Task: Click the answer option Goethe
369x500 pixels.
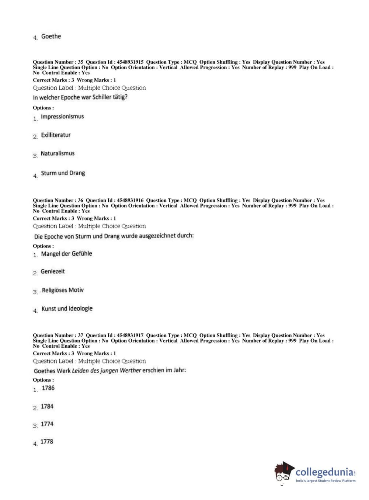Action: click(x=51, y=37)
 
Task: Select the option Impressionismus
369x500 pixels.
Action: click(x=62, y=117)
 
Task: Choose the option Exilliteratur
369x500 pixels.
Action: click(x=56, y=135)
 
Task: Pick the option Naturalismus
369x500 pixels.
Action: click(x=58, y=153)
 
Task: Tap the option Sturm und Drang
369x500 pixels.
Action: click(x=63, y=173)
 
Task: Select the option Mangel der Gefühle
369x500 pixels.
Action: click(x=66, y=254)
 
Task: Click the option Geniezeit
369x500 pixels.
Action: click(x=53, y=271)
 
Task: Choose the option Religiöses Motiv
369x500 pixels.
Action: click(x=63, y=290)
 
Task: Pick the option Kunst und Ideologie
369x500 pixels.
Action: click(x=67, y=309)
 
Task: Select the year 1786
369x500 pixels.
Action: click(x=48, y=388)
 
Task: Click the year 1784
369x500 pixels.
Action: click(x=47, y=406)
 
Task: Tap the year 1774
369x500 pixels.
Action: click(x=47, y=424)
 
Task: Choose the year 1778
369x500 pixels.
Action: click(x=46, y=442)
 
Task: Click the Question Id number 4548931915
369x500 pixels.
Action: click(x=130, y=62)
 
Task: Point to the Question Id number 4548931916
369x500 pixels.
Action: click(x=130, y=201)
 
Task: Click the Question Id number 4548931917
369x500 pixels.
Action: click(x=130, y=336)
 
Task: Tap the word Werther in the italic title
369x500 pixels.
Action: click(x=130, y=370)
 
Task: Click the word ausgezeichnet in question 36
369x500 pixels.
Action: click(x=157, y=236)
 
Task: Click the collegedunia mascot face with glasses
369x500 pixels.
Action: click(x=283, y=474)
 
